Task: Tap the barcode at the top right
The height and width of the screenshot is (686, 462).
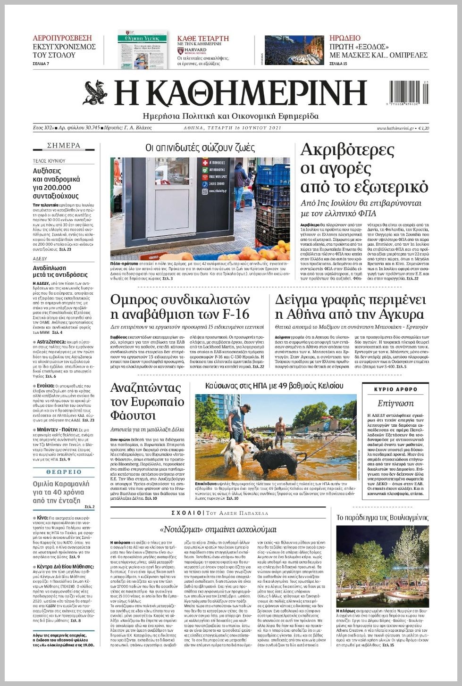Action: coord(409,92)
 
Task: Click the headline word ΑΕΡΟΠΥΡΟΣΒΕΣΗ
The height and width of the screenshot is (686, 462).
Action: coord(62,38)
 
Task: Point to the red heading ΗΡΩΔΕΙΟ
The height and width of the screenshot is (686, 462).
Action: coord(345,38)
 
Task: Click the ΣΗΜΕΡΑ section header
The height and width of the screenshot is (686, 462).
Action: coord(64,146)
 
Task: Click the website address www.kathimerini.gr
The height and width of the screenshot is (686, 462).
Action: coord(395,128)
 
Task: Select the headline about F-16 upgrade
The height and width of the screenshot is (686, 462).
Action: coord(180,307)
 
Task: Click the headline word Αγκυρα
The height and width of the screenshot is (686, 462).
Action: coord(393,314)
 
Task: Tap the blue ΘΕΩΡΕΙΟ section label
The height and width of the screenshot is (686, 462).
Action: coord(64,472)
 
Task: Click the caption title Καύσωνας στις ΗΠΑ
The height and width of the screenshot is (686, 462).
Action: coord(274,386)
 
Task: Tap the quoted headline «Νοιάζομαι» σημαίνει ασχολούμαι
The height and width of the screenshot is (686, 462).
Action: coord(218,529)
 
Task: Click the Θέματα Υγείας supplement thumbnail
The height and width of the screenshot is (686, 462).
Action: coord(143,50)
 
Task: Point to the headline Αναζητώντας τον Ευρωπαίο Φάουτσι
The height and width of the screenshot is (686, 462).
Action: coord(147,402)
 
